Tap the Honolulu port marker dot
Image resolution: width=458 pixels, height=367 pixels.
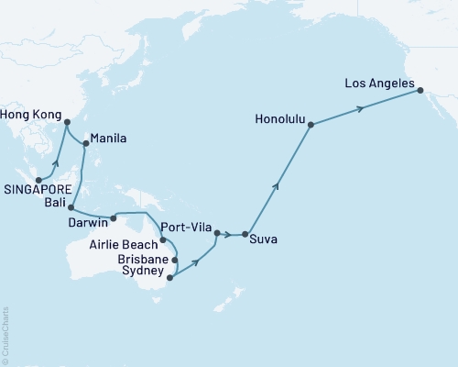(312, 124)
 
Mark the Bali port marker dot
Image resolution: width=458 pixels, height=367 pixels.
(71, 208)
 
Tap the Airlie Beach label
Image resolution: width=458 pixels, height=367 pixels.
(125, 245)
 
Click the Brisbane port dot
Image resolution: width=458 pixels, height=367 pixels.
(174, 260)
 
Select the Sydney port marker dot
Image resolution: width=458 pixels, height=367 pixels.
(170, 273)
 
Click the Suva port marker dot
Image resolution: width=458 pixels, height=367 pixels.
(245, 235)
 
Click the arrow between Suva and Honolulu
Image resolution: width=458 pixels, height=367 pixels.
(277, 184)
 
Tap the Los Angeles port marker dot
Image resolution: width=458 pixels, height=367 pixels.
(420, 90)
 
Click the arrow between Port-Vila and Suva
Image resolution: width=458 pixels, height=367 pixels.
(229, 235)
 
